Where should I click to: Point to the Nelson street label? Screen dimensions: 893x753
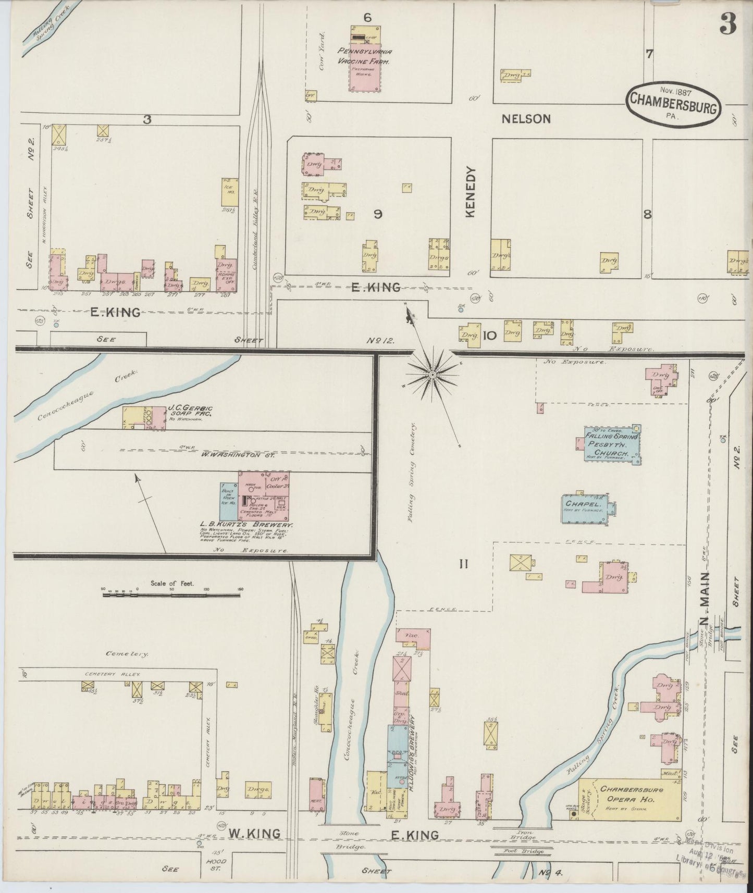pyautogui.click(x=526, y=119)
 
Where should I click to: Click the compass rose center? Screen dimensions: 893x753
pyautogui.click(x=433, y=374)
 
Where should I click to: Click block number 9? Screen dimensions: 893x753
pyautogui.click(x=378, y=214)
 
